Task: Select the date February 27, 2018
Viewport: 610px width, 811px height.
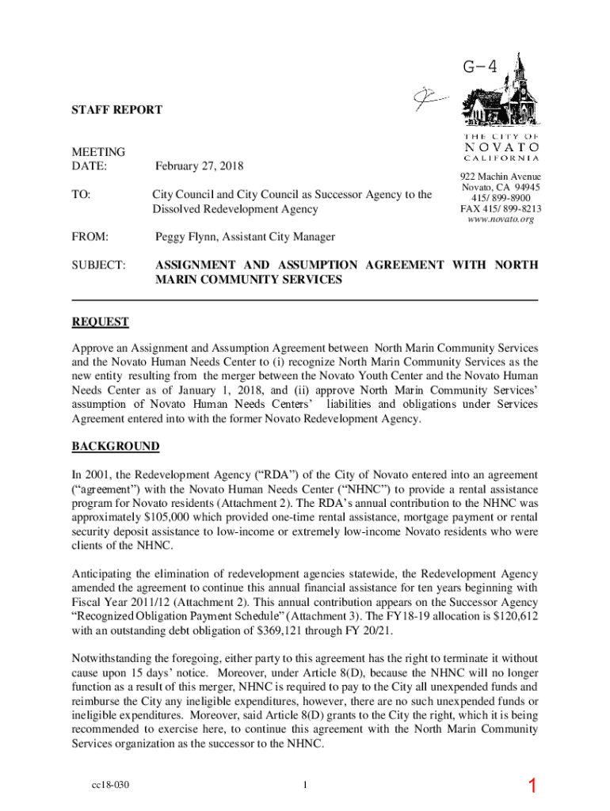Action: [200, 166]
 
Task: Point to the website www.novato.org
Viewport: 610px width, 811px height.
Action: [501, 219]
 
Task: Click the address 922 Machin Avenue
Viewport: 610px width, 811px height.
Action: [501, 176]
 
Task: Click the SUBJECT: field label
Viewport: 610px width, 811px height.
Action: [99, 265]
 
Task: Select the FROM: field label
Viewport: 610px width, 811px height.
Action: [90, 237]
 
